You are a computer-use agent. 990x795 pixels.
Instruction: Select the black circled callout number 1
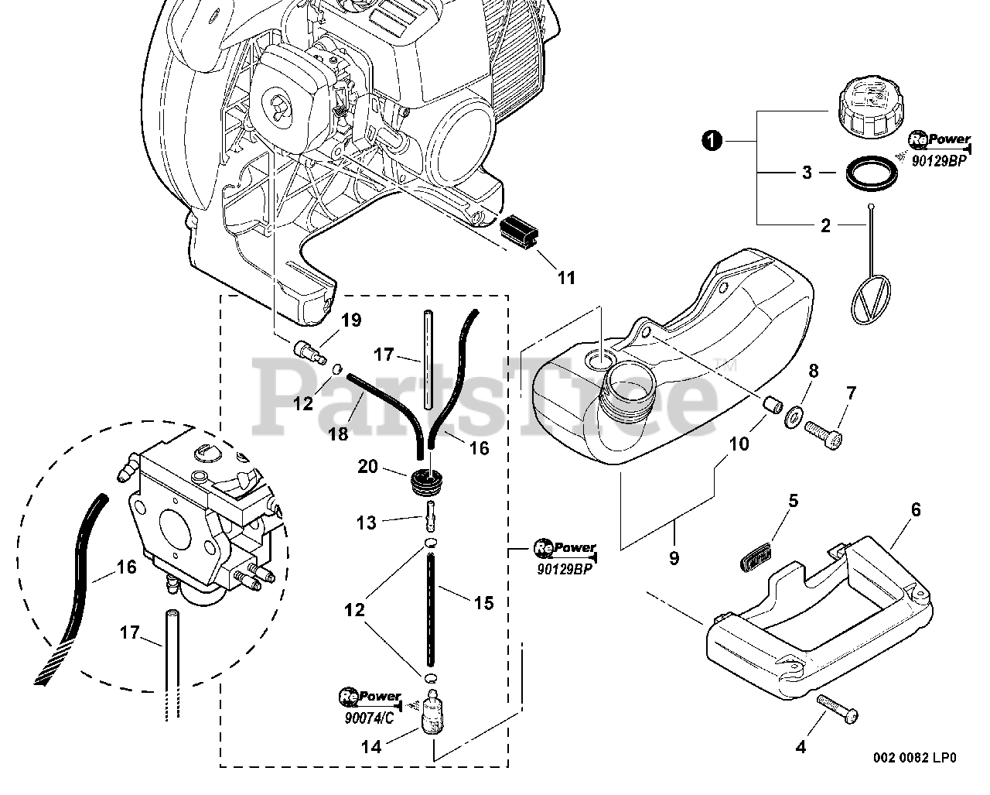(x=712, y=140)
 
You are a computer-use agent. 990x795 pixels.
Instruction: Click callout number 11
(x=566, y=278)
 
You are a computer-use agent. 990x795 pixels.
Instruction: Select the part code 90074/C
(x=369, y=718)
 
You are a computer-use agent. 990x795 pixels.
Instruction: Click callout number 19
(x=351, y=320)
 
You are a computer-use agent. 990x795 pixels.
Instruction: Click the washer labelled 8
(x=792, y=416)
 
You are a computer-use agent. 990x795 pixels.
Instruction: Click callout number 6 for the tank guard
(x=916, y=509)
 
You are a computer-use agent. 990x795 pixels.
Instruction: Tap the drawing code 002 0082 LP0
(x=914, y=770)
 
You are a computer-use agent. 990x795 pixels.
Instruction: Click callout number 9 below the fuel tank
(x=674, y=559)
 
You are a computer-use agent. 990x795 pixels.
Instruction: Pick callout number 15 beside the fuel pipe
(x=483, y=603)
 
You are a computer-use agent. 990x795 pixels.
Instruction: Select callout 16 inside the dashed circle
(x=127, y=567)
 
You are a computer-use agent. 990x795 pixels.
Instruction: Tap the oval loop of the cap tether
(x=870, y=300)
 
